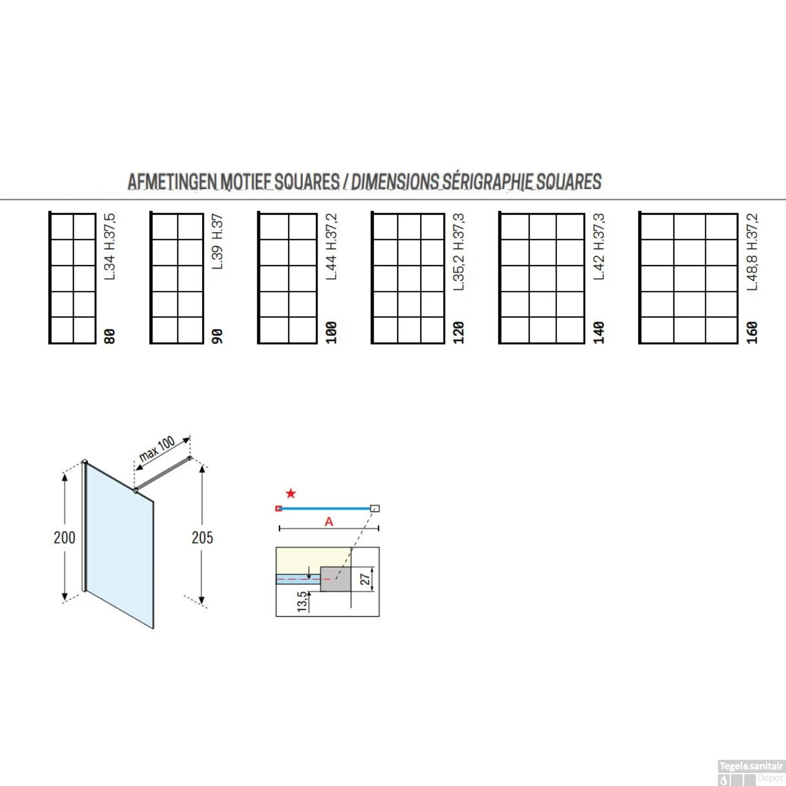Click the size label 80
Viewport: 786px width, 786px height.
point(109,336)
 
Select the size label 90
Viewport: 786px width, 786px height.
point(217,336)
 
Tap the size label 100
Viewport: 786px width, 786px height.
point(331,333)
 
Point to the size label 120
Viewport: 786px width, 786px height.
point(458,333)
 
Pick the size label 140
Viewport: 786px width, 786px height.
point(598,333)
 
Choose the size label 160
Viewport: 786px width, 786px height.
point(752,333)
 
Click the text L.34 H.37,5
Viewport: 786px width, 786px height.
point(110,246)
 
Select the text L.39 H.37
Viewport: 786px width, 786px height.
point(217,242)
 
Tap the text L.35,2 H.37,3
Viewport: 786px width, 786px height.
point(458,252)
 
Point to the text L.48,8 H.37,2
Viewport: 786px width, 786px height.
point(752,252)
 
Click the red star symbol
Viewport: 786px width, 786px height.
point(291,493)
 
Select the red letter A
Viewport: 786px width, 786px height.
point(329,521)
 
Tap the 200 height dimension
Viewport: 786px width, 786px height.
point(64,538)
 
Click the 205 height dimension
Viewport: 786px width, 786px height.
point(202,538)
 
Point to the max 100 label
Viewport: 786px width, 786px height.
point(157,449)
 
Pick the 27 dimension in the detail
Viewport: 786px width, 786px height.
point(365,579)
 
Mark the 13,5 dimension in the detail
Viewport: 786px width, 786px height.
point(302,602)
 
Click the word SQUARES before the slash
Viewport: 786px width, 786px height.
point(307,182)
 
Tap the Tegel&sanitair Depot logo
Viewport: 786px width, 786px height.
point(751,772)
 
